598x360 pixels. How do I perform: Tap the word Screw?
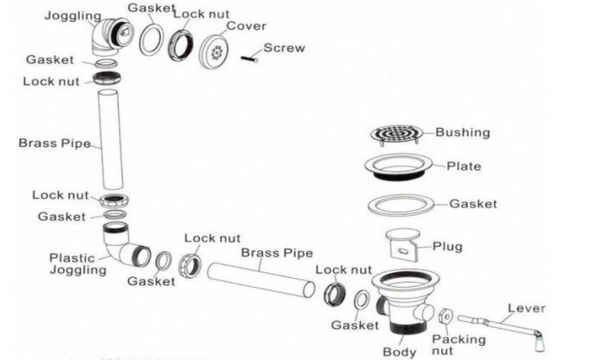284,48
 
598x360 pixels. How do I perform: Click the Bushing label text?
462,133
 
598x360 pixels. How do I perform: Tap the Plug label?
447,247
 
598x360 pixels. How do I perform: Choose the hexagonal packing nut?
446,317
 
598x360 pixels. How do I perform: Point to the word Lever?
526,309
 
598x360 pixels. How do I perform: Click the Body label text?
399,352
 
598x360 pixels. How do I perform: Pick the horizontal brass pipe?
261,279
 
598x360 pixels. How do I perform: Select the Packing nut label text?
458,344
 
